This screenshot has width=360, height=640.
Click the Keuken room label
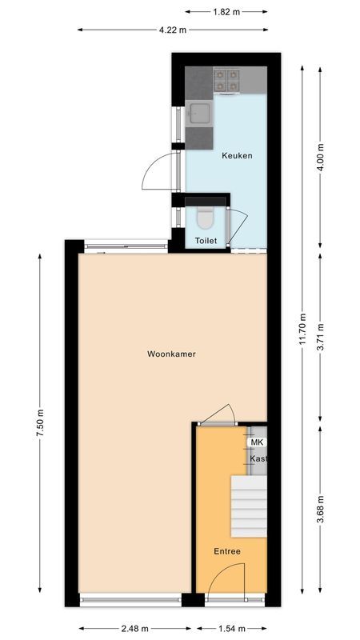pyautogui.click(x=237, y=155)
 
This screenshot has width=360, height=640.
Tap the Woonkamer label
pyautogui.click(x=171, y=354)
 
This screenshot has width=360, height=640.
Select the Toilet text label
pyautogui.click(x=206, y=240)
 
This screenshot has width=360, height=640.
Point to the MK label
pyautogui.click(x=257, y=442)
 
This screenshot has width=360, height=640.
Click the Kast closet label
pyautogui.click(x=258, y=459)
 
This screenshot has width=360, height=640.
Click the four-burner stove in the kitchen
pyautogui.click(x=226, y=79)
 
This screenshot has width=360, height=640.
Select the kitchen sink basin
pyautogui.click(x=199, y=113)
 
